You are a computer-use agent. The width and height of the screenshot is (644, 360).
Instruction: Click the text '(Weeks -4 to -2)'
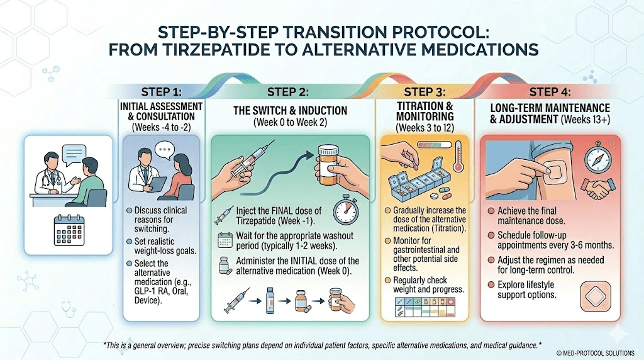161,127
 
